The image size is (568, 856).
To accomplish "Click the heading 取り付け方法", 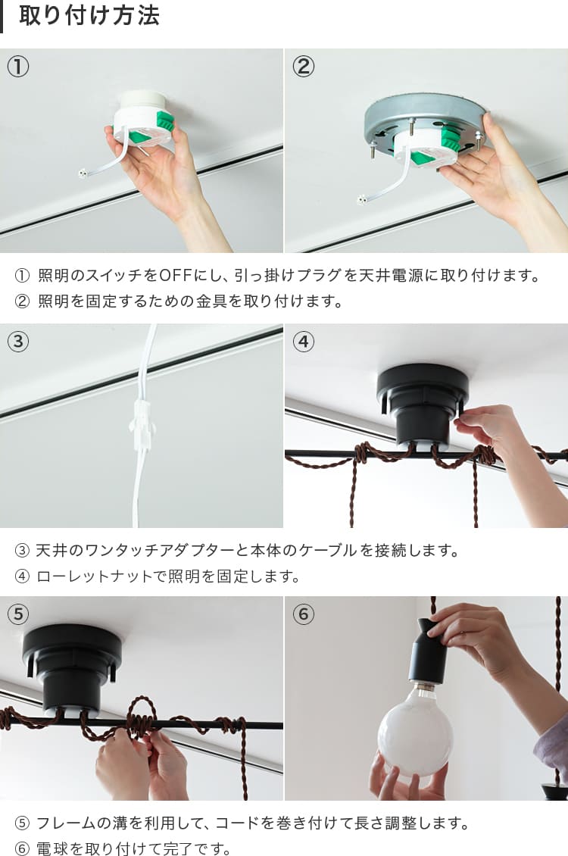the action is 89,15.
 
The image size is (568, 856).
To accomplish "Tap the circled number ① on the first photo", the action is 18,67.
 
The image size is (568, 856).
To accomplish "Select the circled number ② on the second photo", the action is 304,67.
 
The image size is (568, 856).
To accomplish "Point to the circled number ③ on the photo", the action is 18,341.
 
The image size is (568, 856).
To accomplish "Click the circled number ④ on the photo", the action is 304,341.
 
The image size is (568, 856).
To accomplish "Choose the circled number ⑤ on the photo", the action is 18,614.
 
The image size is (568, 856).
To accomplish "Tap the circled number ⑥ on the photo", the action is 304,614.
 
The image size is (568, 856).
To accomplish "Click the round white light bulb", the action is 415,729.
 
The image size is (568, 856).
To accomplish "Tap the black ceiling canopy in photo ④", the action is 423,404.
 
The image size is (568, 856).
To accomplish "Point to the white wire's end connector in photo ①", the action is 83,174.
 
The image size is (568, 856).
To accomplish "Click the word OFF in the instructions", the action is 175,275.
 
